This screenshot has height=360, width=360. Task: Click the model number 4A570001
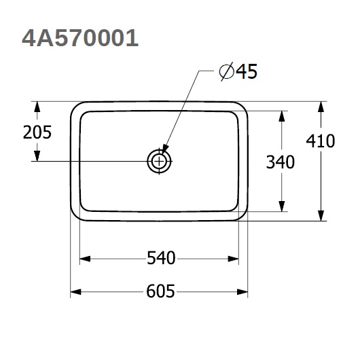(80, 38)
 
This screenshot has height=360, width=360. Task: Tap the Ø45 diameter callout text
(238, 71)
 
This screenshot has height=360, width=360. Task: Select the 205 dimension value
(37, 132)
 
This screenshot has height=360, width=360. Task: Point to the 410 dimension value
(321, 141)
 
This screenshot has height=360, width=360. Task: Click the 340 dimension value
(281, 162)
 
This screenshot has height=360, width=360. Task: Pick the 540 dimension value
(161, 258)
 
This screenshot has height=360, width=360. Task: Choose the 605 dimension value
(160, 291)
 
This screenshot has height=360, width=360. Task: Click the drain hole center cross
(159, 162)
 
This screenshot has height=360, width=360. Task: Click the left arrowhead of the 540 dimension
(85, 259)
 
